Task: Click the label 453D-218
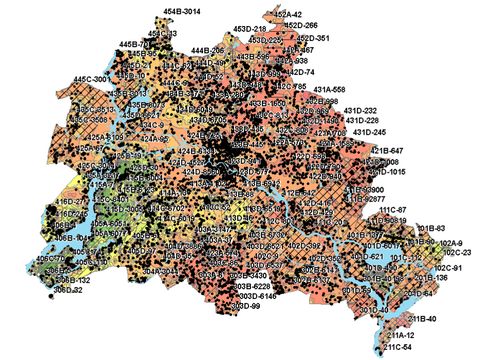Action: coord(250,30)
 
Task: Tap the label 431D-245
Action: coord(362,132)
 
